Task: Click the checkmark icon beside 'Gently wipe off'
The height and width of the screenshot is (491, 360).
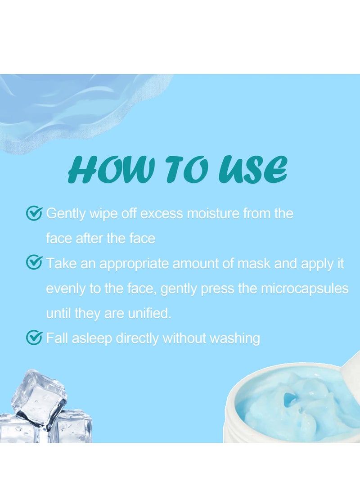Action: point(35,213)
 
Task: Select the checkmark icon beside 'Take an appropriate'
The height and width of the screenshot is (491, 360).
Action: point(35,263)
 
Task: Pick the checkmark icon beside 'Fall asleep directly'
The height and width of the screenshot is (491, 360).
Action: point(35,337)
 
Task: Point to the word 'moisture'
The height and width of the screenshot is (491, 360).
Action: point(213,213)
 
